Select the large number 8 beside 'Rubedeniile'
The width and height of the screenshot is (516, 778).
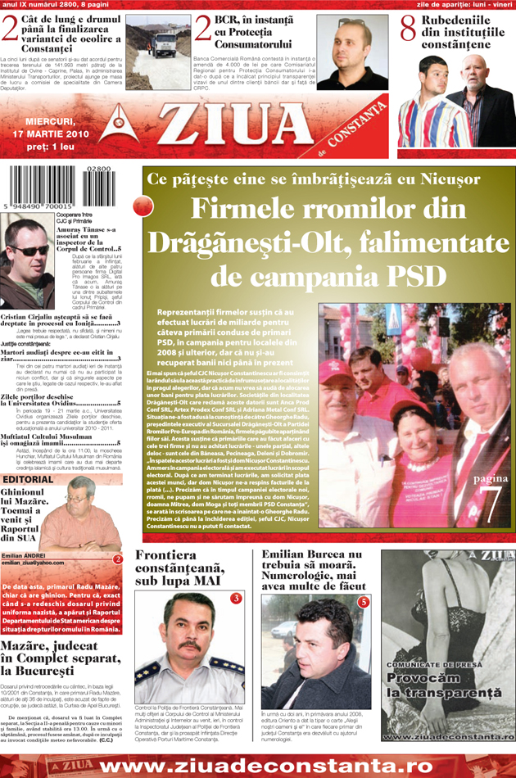[x=408, y=27]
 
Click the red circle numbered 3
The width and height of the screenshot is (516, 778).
[x=235, y=599]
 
